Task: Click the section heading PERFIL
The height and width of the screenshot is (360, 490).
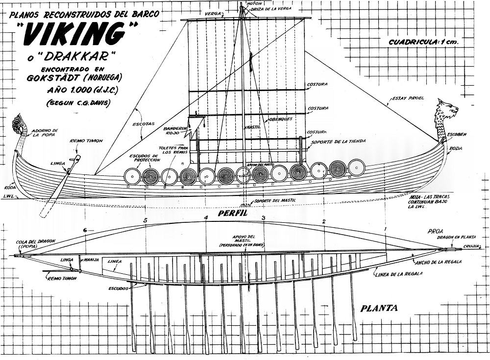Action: coord(232,214)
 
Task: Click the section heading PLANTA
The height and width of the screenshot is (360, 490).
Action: coord(379,309)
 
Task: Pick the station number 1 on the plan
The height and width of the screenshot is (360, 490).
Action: coord(385,229)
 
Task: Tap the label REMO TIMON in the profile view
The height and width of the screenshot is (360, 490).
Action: coord(86,141)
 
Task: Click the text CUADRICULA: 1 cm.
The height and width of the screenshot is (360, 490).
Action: coord(423,42)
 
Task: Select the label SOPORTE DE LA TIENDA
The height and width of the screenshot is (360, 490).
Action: coord(338,142)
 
